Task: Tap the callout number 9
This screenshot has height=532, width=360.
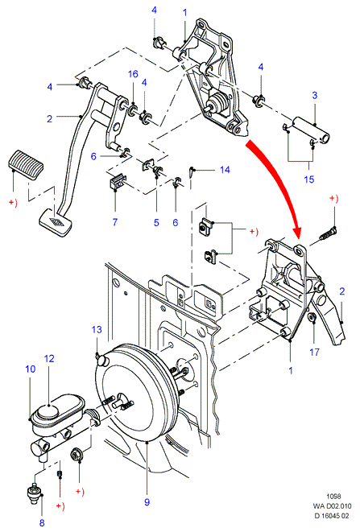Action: point(147,501)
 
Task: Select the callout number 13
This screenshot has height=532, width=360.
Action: point(97,329)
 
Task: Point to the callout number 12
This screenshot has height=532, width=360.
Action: point(49,359)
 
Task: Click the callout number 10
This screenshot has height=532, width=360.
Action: point(31,369)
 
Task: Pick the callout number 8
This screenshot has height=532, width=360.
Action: point(42,523)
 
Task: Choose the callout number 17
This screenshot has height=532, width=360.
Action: point(314,353)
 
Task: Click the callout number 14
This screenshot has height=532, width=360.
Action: point(225,170)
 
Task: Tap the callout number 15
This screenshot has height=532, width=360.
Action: point(309,179)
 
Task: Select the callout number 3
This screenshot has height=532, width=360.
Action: point(314,95)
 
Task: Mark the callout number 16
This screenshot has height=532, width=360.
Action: point(133,74)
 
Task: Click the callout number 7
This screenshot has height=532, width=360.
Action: point(115,222)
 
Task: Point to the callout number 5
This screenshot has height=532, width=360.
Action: point(156,223)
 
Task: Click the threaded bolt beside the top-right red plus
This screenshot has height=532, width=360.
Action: point(328,234)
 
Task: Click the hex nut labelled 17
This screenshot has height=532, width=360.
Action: point(312,318)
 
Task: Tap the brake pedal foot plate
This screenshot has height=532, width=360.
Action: point(56,222)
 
